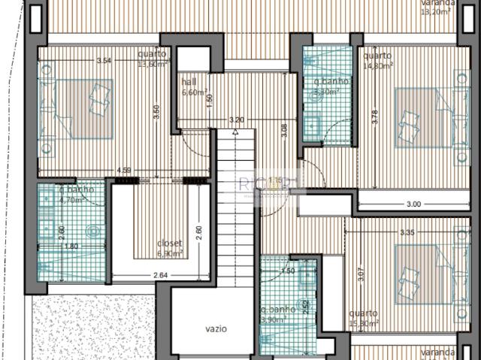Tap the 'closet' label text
pos(169,244)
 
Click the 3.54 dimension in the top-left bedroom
pos(104,60)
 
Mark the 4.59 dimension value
pos(124,170)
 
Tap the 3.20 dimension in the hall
pos(236,119)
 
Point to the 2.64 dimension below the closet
pos(159,276)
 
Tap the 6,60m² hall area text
pos(194,93)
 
